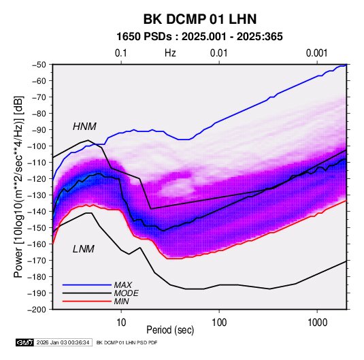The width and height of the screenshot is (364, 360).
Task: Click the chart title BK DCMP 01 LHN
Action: click(200, 19)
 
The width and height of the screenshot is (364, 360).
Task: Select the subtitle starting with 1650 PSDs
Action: click(199, 37)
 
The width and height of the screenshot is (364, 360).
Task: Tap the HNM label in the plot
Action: click(84, 127)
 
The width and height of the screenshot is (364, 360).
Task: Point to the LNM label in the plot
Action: click(84, 249)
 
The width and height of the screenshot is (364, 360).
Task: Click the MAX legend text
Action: click(122, 284)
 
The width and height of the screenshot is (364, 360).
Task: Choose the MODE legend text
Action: click(126, 293)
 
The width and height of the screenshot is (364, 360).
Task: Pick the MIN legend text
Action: click(121, 301)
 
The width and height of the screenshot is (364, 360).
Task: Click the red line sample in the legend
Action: click(87, 301)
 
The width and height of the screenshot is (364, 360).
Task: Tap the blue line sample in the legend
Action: click(87, 284)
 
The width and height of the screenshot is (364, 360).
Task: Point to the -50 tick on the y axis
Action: click(39, 65)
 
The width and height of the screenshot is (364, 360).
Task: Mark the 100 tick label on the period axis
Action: click(219, 323)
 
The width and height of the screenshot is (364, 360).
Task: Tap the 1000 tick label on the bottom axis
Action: click(317, 323)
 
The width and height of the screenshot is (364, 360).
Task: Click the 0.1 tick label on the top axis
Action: click(121, 53)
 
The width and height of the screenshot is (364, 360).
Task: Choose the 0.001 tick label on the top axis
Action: click(316, 53)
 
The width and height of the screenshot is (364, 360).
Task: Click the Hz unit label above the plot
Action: click(170, 53)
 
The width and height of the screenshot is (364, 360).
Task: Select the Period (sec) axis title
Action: click(170, 330)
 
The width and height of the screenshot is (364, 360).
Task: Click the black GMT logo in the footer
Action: click(24, 342)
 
